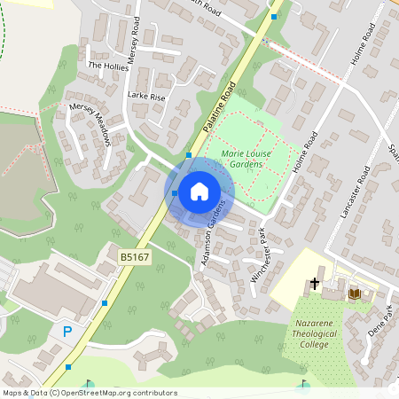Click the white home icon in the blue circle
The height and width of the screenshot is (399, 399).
(x=199, y=191)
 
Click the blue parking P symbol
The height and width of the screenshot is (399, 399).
(x=67, y=332)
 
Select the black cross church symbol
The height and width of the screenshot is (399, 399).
(x=314, y=285)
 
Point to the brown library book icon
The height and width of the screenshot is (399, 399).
(x=354, y=293)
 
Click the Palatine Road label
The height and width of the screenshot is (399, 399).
(x=218, y=107)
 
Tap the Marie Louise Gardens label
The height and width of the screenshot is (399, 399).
(x=247, y=158)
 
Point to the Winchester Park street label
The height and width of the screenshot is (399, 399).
(x=259, y=255)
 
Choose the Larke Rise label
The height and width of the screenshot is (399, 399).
(x=146, y=96)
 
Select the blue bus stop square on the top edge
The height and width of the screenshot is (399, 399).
(x=274, y=17)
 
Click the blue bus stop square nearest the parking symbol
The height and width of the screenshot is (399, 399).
(x=68, y=366)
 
